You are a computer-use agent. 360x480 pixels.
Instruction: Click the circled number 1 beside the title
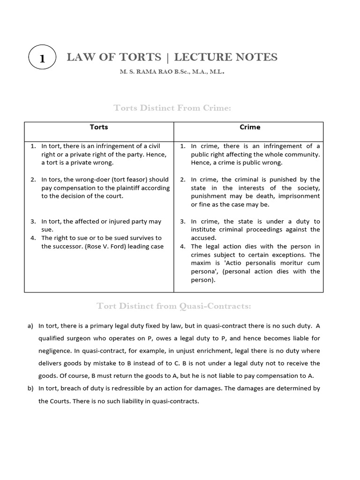42,59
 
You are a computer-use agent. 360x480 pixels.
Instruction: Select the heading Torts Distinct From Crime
172,108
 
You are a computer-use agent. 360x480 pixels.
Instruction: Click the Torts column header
99,127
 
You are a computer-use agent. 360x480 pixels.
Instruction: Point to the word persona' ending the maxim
204,271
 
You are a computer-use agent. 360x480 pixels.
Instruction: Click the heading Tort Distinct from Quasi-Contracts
173,306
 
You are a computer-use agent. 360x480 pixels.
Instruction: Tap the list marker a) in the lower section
30,326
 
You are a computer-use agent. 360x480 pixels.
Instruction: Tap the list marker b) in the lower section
30,389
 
